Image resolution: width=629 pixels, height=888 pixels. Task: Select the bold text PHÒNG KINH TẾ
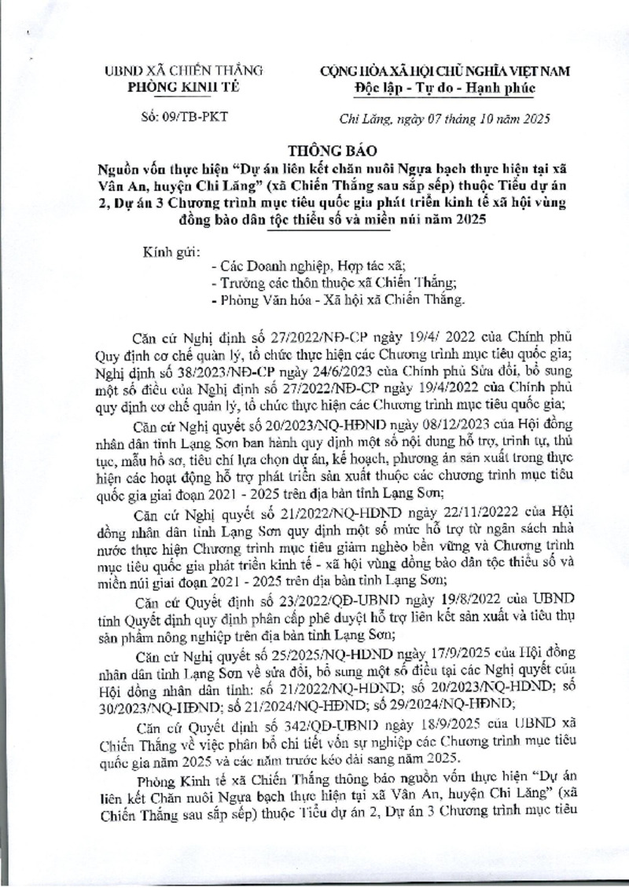pos(175,87)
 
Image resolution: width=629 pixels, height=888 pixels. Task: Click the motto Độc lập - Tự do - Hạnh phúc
pos(444,87)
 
